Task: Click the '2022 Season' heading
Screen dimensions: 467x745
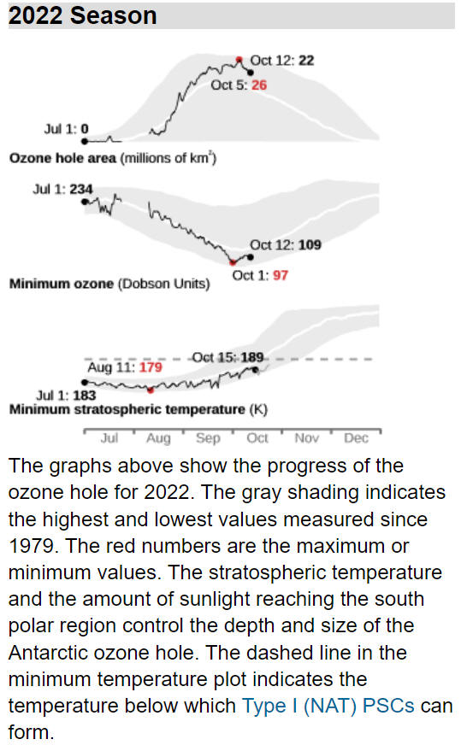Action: coord(82,15)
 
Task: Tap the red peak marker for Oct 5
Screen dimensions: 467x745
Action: coord(239,60)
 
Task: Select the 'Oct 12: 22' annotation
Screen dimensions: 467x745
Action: coord(282,61)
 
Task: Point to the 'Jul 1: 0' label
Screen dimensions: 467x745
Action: coord(66,129)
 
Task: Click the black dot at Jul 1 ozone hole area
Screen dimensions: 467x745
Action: coord(85,141)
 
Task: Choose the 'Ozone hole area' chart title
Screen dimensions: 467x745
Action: coord(62,158)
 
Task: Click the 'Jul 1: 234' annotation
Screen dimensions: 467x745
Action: coord(62,189)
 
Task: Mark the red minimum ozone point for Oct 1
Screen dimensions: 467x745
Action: coord(233,262)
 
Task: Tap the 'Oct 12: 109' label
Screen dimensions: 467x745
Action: coord(286,244)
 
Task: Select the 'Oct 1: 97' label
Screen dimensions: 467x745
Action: coord(260,275)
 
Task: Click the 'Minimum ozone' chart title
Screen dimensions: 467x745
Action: coord(62,284)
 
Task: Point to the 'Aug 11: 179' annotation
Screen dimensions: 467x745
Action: coord(125,367)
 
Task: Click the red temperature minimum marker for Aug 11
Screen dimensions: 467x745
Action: coord(151,390)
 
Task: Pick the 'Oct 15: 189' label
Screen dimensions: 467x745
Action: coord(228,357)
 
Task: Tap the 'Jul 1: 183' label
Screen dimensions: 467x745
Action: coord(66,396)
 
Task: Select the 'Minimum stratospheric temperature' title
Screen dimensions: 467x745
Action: coord(127,409)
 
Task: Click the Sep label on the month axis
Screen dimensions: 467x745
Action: coord(208,438)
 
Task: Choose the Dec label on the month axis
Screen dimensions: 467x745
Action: coord(356,437)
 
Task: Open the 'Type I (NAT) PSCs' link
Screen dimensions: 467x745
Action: coord(328,706)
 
